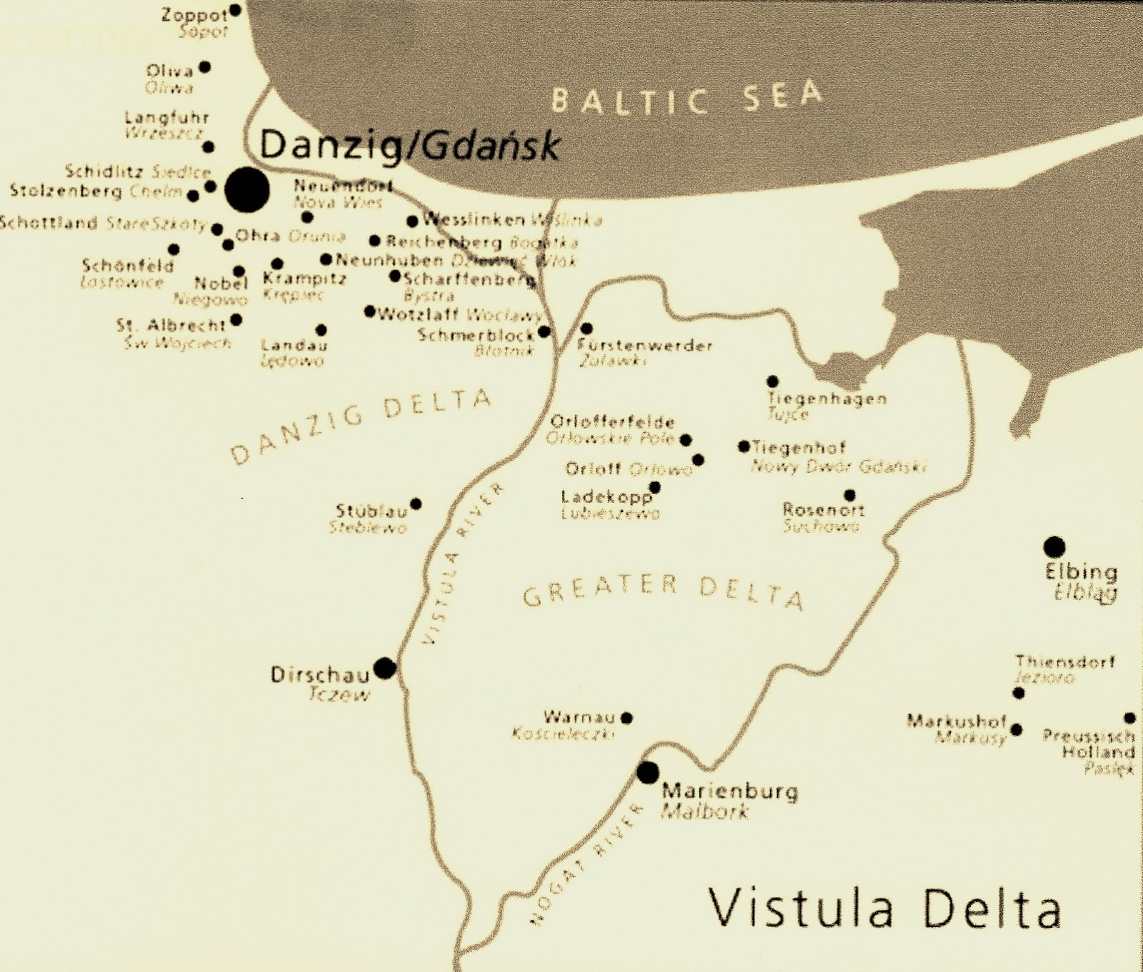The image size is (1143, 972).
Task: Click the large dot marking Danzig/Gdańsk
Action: [247, 190]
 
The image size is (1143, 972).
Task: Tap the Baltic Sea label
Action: [687, 99]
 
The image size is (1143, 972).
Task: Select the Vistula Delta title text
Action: [884, 908]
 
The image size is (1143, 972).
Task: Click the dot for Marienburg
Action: [648, 772]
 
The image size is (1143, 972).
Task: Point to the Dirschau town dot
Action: [385, 668]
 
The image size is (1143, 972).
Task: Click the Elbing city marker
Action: [1054, 547]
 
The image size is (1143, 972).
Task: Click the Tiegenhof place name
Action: [799, 448]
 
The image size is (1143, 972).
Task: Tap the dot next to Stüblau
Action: [416, 504]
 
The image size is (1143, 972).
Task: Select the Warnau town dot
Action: [627, 718]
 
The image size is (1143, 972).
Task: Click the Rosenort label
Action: [823, 510]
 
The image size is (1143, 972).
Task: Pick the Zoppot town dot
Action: [234, 11]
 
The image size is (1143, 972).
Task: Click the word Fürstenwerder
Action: [645, 346]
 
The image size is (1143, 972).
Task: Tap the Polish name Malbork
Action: [704, 811]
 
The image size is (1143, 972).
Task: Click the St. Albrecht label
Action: [171, 326]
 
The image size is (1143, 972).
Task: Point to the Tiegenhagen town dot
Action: [772, 381]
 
